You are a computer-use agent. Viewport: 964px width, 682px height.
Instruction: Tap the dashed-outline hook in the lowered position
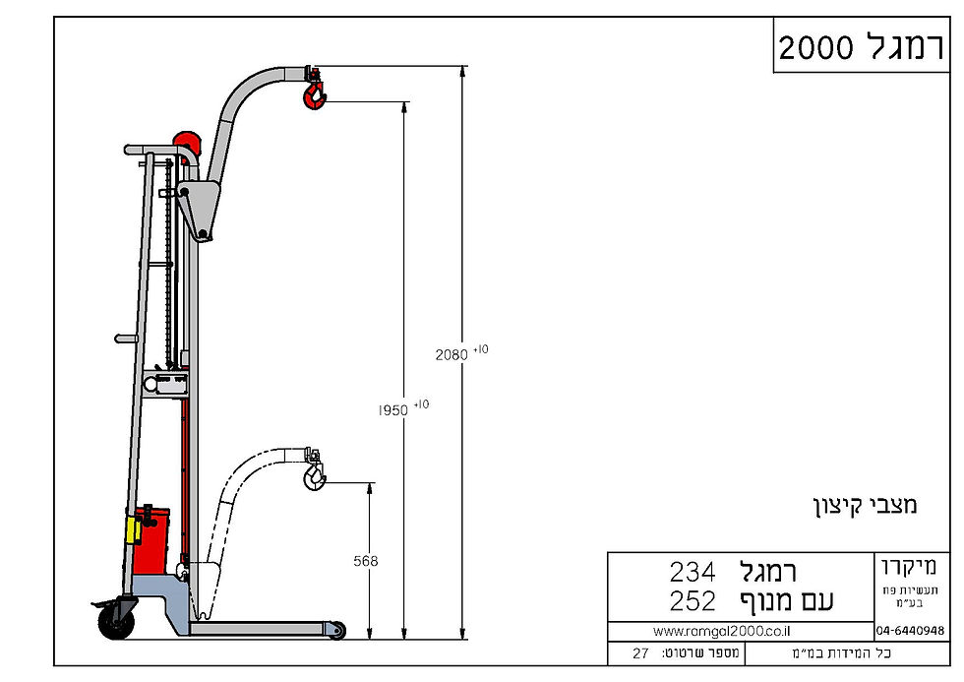pos(314,477)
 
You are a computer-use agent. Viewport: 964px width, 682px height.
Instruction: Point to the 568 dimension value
pos(365,561)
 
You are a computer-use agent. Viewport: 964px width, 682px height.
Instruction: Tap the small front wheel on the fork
pos(336,630)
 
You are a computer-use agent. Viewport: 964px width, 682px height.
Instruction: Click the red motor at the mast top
pos(187,146)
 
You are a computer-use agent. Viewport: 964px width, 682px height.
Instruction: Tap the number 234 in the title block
pos(692,571)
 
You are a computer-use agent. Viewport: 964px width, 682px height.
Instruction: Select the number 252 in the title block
pos(692,601)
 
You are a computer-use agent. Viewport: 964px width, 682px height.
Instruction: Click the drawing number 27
pos(640,653)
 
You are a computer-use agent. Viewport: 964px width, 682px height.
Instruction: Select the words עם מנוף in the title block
pos(786,601)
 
